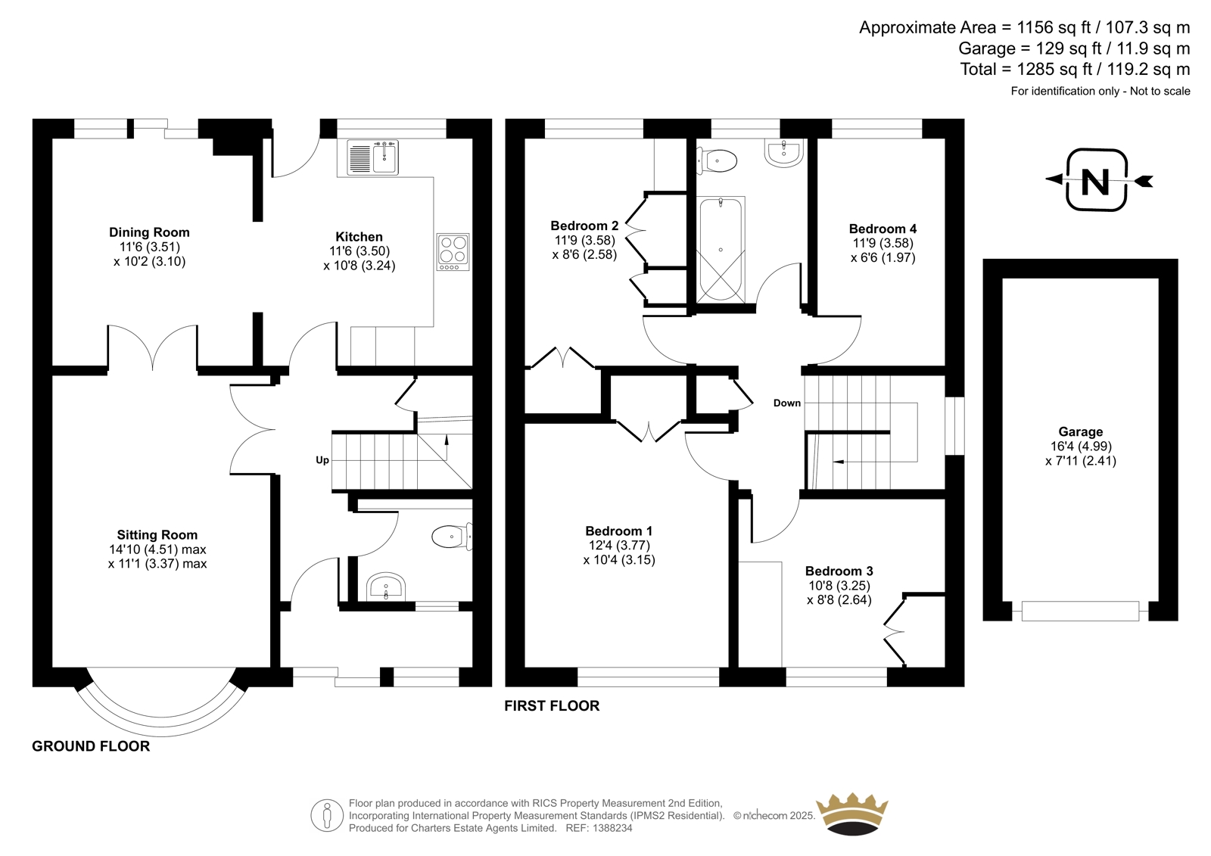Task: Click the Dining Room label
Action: point(149,232)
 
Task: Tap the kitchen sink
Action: point(372,157)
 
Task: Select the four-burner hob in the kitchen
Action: point(453,252)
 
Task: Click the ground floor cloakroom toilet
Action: point(452,537)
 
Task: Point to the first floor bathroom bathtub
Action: point(721,249)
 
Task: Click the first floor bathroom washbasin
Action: point(783,152)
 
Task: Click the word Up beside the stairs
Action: point(322,460)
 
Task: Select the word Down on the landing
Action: point(786,403)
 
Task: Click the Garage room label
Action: point(1080,431)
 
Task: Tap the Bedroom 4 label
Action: point(883,229)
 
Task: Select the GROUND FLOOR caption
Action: point(91,746)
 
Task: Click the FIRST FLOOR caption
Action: point(552,705)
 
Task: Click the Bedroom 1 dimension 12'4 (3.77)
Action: point(619,545)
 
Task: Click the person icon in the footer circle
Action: point(326,815)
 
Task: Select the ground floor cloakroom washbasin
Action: point(386,586)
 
